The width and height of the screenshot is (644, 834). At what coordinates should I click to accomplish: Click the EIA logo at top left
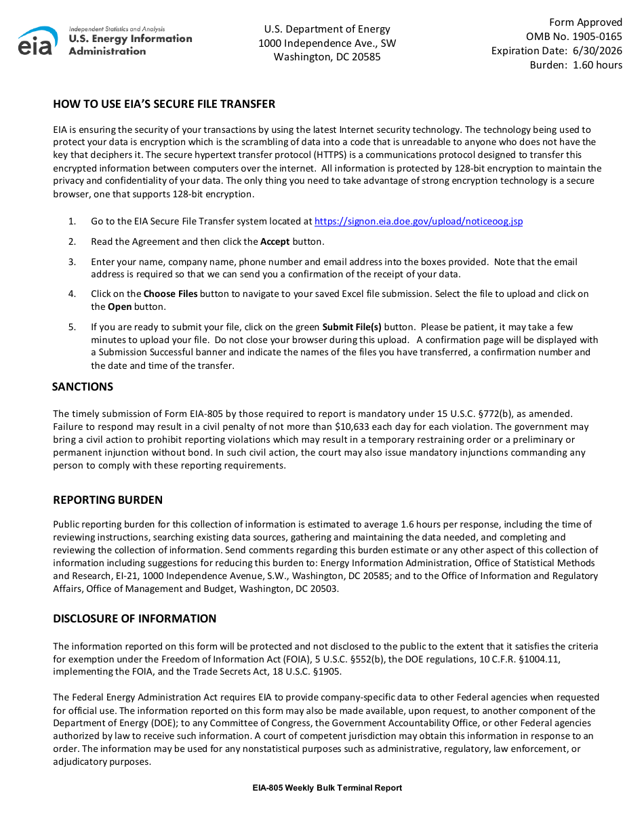tap(38, 41)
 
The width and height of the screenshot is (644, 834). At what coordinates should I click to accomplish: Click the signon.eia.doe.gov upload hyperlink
tap(419, 221)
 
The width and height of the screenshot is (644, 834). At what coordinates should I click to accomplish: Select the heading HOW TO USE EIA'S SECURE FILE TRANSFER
tap(164, 104)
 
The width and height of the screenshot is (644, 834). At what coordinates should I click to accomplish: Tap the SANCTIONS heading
tap(83, 386)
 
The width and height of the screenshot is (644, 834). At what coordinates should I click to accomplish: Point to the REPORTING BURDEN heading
tap(108, 500)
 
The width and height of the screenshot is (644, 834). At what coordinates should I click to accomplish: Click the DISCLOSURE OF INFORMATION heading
tap(135, 618)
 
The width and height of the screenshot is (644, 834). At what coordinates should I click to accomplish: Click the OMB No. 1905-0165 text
tap(573, 37)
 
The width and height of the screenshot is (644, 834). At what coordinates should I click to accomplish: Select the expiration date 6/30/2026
tap(597, 51)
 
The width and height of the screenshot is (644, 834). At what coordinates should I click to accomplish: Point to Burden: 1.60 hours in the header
tap(576, 65)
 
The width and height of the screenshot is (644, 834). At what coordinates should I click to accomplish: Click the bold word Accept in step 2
tap(275, 241)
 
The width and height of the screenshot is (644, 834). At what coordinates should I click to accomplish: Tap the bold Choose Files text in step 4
tap(170, 294)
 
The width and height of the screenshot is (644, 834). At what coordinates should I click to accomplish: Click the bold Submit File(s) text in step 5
tap(351, 327)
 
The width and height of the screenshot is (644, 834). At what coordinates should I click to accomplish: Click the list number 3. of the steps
tap(72, 262)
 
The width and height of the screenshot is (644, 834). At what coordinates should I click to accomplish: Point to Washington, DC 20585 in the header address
tap(327, 57)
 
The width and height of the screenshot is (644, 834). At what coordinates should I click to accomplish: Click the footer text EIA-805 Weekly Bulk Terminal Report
tap(327, 788)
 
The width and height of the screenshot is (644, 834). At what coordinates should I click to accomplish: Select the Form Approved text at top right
tap(585, 22)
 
